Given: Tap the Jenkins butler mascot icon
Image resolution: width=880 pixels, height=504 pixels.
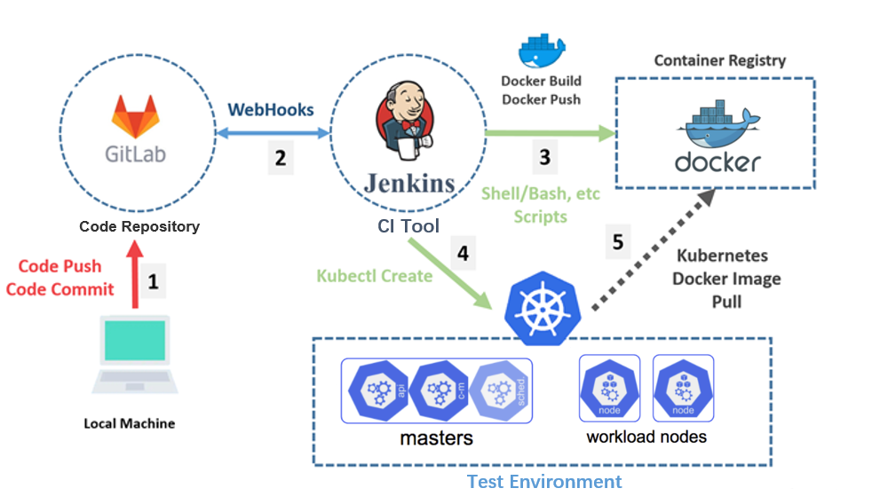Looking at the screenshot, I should (407, 119).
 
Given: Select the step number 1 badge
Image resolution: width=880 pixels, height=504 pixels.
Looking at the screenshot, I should (153, 282).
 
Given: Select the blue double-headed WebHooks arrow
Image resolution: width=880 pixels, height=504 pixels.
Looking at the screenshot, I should (272, 134).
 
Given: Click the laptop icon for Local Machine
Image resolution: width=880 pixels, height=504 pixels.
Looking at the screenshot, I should (134, 358).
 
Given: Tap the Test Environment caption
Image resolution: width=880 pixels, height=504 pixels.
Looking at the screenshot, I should (544, 482).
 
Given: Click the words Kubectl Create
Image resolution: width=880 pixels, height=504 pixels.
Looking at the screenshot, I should (374, 276).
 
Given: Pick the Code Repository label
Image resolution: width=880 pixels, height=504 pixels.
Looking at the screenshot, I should (139, 226).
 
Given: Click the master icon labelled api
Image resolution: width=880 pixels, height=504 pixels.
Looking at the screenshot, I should (377, 391).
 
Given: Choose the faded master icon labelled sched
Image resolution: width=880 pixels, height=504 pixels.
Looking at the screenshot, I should (500, 391).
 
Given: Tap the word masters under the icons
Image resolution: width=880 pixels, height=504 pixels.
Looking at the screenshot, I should (436, 438).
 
